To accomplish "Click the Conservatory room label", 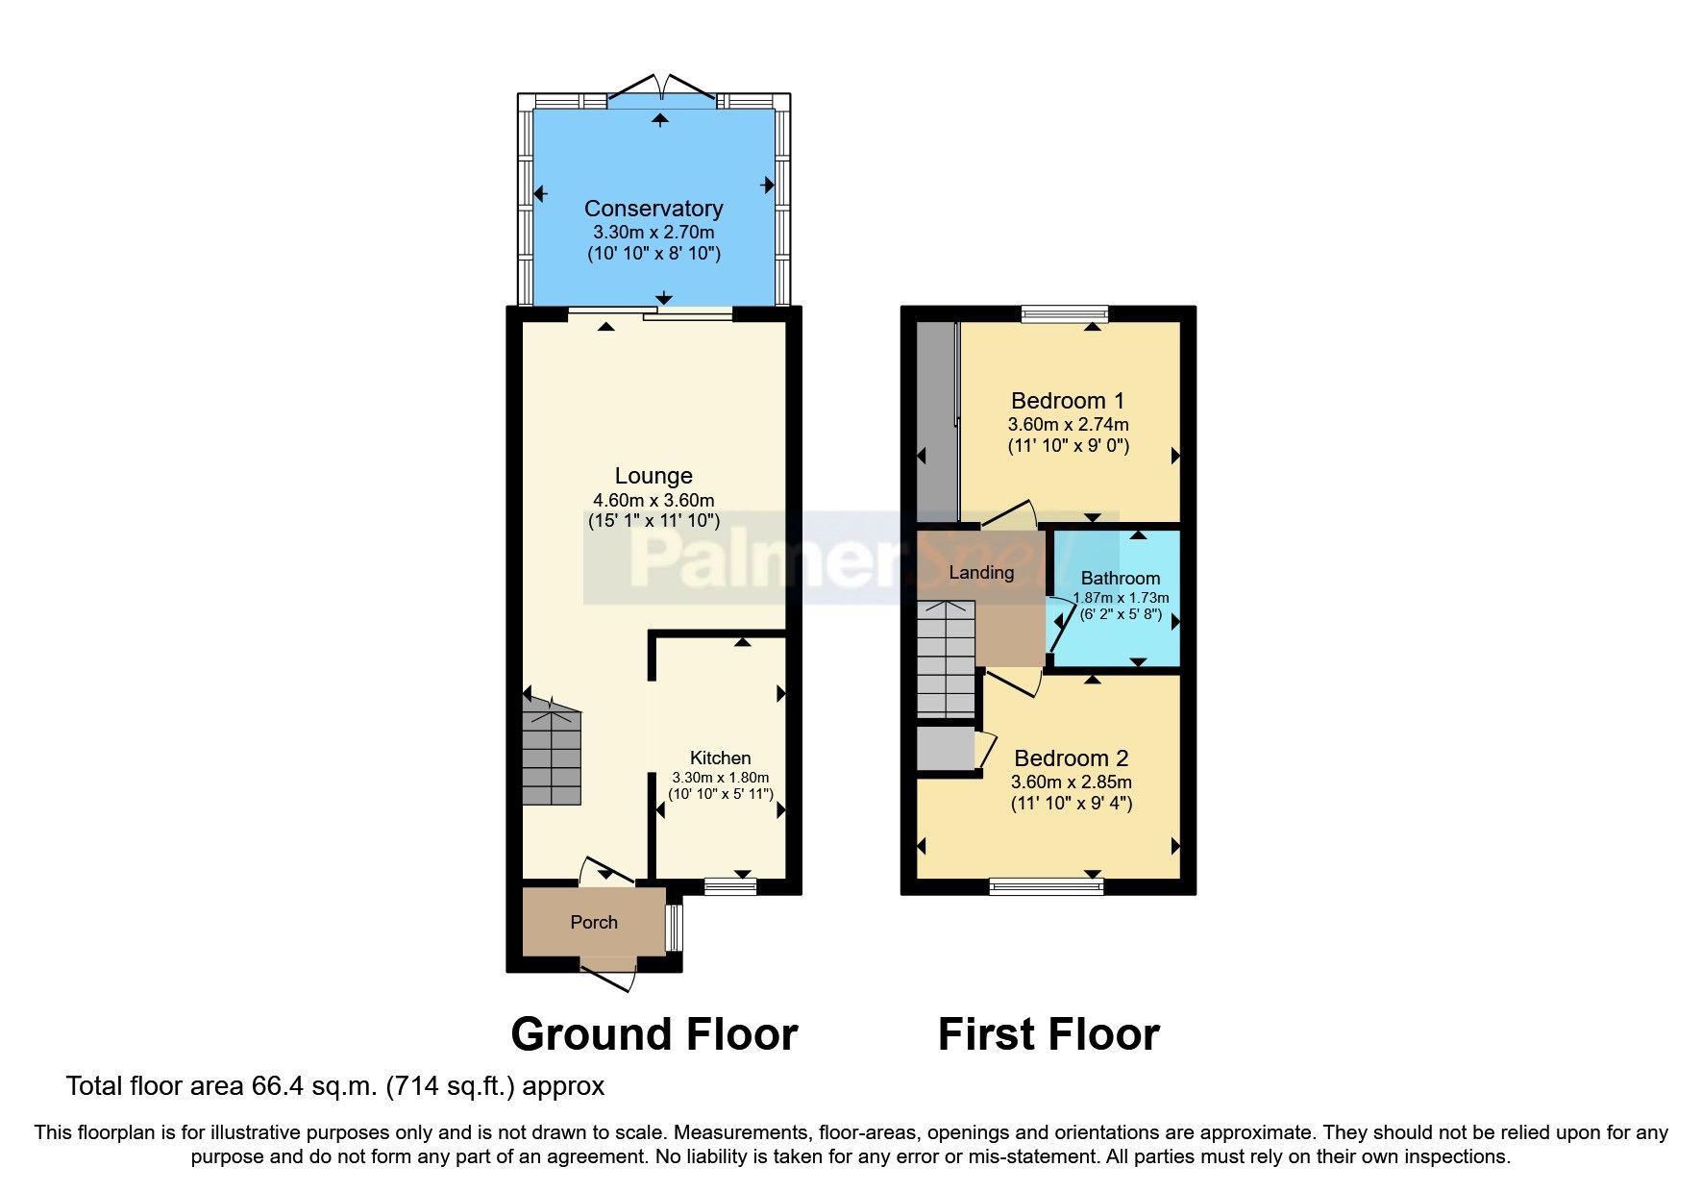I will coord(654,209).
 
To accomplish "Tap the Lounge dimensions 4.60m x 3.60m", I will coord(654,500).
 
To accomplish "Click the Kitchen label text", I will coord(720,757).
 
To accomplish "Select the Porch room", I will coord(594,922).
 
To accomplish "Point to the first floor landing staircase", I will coord(947,658).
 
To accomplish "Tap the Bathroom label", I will coord(1120,578).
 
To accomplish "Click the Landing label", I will coord(981,573).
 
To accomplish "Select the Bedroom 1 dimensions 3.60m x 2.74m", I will coord(1068,424).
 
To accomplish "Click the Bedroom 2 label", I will coord(1071,758).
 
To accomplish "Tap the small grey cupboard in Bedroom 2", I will coord(945,749).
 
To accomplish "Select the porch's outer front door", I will coord(609,979).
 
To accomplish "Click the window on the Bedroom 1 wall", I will coord(1064,312).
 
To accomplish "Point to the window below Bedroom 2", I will coord(1047,886).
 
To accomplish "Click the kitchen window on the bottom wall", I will coord(730,886).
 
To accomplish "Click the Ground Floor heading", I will coord(654,1034).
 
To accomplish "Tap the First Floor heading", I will coord(1048,1034).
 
